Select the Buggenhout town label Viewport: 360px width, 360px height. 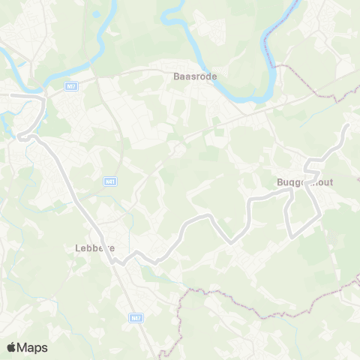304,182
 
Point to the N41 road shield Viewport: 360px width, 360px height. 110,181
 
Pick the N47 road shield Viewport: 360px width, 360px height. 134,319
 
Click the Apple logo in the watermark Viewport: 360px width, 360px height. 11,347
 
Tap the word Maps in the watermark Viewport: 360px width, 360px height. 32,347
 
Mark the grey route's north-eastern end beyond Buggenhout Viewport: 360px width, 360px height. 346,127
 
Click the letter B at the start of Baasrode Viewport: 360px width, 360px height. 176,75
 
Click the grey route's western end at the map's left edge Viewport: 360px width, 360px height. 2,96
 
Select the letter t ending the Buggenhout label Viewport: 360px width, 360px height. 331,182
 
